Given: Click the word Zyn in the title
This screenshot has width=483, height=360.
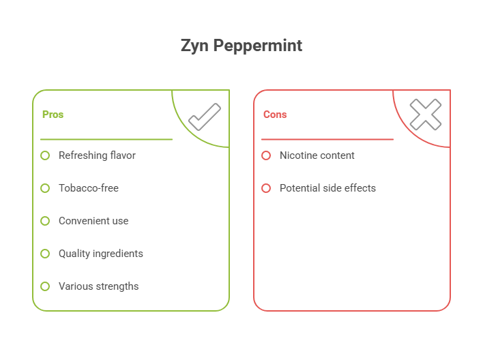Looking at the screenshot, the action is tap(194, 46).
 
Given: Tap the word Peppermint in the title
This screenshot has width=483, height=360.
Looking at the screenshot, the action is tap(258, 46).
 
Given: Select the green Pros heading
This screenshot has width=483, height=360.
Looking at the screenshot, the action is tap(53, 115).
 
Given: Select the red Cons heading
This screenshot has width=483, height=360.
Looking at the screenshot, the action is tap(275, 115).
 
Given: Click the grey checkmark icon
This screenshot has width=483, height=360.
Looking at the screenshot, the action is tap(205, 117).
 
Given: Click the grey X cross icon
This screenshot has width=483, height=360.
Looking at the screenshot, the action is tap(426, 115).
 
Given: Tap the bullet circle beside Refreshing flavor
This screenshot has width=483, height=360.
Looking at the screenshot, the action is tap(45, 155).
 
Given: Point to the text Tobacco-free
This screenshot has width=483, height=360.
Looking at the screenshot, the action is tap(89, 188).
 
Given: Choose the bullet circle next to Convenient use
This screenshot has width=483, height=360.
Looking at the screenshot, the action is tap(45, 221).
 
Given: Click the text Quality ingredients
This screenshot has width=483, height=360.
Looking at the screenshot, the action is tap(101, 254).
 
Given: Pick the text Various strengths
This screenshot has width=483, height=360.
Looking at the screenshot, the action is tap(98, 286).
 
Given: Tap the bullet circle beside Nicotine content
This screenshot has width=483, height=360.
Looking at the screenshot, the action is tap(266, 155).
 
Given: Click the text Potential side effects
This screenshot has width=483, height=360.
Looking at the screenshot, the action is tap(327, 188).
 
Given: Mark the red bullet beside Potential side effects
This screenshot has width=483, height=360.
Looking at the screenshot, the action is tap(266, 188).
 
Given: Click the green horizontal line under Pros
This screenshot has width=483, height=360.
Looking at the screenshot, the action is tap(106, 140).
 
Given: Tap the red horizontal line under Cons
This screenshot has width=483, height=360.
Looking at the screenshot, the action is tap(327, 140).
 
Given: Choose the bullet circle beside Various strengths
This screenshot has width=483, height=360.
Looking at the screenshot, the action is tap(45, 286).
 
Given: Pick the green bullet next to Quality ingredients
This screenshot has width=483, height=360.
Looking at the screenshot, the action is tap(45, 254).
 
